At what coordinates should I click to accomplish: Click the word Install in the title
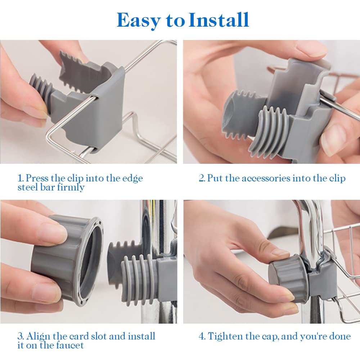coord(219,20)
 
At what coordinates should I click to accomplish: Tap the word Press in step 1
coord(37,178)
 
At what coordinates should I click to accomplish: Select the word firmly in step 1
coord(71,187)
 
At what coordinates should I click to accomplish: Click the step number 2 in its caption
coord(202,179)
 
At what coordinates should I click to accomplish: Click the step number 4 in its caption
coord(202,337)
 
